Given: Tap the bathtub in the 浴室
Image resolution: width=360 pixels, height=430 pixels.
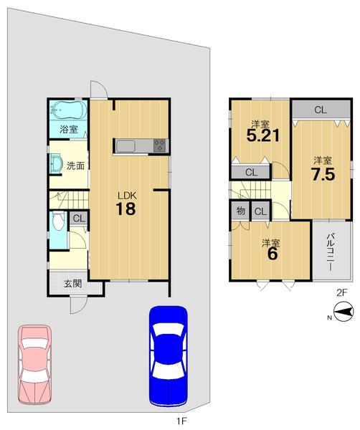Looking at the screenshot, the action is click(68, 111).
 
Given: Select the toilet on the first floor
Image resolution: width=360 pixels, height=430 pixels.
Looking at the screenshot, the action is click(58, 220).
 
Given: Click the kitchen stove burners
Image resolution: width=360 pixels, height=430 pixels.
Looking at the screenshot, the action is click(160, 145).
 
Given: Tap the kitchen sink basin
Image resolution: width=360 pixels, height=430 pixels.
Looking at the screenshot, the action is click(125, 146).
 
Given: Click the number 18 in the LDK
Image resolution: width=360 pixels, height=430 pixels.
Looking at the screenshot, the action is click(125, 209).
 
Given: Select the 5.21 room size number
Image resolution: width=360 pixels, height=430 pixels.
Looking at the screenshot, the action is click(263, 135).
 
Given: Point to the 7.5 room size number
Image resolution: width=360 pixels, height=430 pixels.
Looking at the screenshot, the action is click(323, 174).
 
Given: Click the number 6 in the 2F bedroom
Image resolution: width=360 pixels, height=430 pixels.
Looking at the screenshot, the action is click(273, 254).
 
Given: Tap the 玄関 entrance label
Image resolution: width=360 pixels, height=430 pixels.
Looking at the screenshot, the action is click(73, 284).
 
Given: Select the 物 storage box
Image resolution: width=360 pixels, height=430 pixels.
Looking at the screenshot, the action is click(240, 211).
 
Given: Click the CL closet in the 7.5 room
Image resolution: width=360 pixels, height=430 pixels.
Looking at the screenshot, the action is click(321, 110).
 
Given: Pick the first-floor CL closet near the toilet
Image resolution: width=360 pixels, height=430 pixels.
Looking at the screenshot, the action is click(79, 219).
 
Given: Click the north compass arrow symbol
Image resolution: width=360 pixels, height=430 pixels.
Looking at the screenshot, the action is click(343, 312).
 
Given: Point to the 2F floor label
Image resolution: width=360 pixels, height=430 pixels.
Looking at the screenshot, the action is click(342, 293).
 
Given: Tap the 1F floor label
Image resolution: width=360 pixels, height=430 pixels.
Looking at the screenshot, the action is click(181, 421).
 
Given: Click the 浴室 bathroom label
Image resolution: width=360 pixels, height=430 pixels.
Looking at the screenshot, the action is click(69, 129).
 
